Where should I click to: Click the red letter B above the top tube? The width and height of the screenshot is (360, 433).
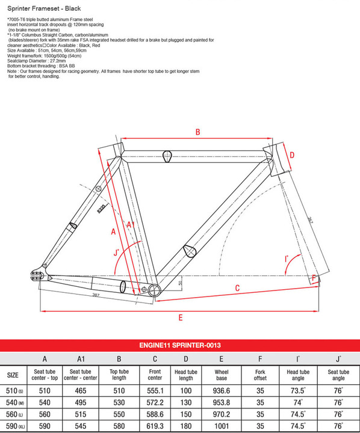(x=197, y=132)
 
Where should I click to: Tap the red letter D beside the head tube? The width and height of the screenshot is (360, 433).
(x=292, y=155)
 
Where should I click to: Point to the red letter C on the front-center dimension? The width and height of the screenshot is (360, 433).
(x=237, y=288)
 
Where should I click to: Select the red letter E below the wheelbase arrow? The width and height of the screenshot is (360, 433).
(x=181, y=318)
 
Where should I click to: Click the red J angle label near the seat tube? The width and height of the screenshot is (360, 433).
(x=116, y=253)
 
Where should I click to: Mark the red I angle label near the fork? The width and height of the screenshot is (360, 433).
(x=287, y=259)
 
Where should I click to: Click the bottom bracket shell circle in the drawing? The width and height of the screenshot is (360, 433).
(x=154, y=290)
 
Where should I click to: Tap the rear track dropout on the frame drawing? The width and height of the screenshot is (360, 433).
(x=37, y=275)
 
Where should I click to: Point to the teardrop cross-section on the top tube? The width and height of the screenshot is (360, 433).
(x=167, y=156)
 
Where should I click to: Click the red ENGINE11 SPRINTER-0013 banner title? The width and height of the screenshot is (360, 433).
(x=180, y=345)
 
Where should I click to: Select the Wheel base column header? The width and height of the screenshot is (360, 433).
(x=222, y=375)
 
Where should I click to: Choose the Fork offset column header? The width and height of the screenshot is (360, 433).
(x=260, y=375)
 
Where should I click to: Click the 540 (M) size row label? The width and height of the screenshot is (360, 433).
(x=15, y=402)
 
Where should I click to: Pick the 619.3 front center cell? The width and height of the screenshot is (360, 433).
(x=155, y=426)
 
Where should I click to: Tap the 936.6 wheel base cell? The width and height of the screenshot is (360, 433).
(x=222, y=391)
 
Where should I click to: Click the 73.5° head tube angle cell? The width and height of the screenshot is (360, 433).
(x=298, y=391)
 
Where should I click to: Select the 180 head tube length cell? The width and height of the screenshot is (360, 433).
(x=186, y=426)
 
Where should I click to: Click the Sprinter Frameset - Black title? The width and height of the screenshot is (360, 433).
(x=44, y=8)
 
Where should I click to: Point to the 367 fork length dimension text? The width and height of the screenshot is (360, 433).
(x=310, y=220)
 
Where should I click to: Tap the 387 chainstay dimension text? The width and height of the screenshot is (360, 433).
(x=96, y=295)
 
